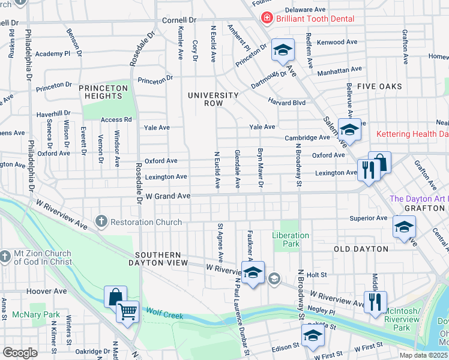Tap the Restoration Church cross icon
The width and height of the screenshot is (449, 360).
[x=101, y=222]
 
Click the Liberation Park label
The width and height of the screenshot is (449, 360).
[x=291, y=240]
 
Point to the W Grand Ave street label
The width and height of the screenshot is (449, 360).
[x=168, y=196]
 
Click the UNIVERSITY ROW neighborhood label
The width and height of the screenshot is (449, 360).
[x=213, y=100]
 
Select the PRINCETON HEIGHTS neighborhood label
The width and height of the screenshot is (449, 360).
[x=103, y=92]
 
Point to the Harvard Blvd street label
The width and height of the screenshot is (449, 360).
[x=287, y=102]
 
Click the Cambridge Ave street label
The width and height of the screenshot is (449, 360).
[x=307, y=137]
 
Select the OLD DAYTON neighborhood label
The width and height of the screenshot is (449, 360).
[x=361, y=248]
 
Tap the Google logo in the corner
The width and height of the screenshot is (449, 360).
[x=19, y=353]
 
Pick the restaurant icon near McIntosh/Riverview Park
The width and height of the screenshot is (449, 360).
[x=375, y=301]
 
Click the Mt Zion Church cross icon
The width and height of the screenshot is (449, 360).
[x=5, y=257]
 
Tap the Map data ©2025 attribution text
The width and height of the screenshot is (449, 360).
[x=423, y=355]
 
